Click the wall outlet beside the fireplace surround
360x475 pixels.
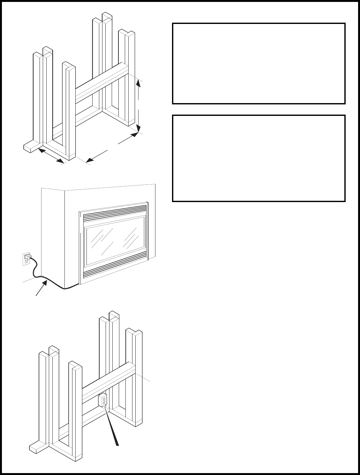pos(26,259)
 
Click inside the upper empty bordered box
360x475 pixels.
pos(259,63)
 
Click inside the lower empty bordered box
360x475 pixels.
pos(259,158)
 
